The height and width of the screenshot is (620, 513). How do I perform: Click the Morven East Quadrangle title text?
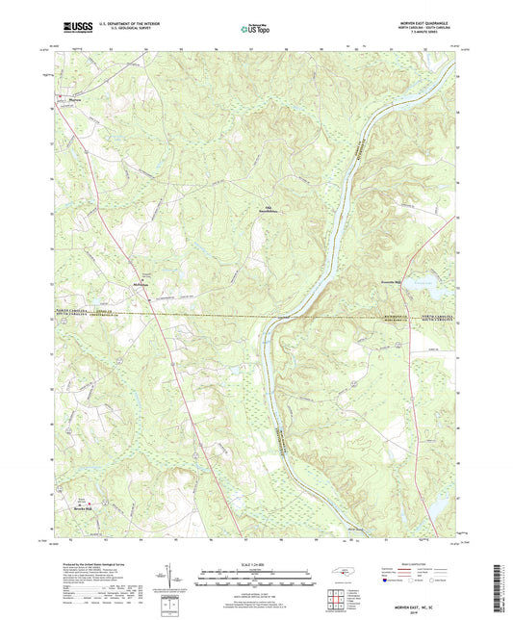tap(420, 22)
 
